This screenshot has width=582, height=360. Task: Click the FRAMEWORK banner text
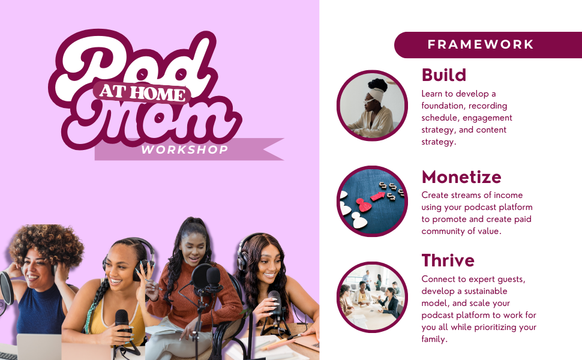pyautogui.click(x=480, y=44)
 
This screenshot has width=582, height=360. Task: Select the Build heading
pyautogui.click(x=444, y=75)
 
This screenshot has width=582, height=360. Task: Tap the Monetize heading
pyautogui.click(x=461, y=177)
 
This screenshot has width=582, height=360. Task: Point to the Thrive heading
pyautogui.click(x=448, y=260)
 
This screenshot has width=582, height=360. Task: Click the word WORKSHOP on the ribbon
pyautogui.click(x=184, y=150)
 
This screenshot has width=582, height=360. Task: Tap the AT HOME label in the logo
pyautogui.click(x=142, y=92)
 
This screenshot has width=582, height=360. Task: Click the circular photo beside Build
pyautogui.click(x=372, y=106)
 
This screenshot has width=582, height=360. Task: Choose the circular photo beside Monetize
pyautogui.click(x=372, y=201)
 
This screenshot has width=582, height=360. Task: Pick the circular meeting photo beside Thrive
pyautogui.click(x=372, y=297)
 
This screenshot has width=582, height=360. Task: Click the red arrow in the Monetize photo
pyautogui.click(x=378, y=196)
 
